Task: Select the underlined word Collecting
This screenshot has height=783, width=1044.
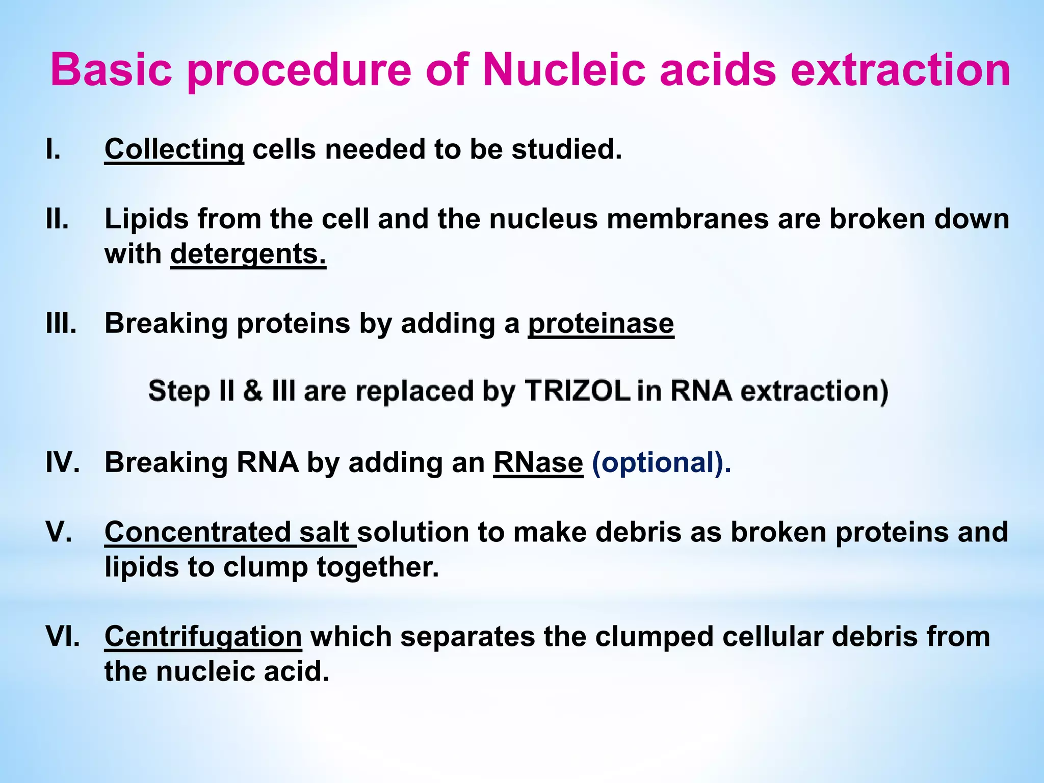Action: tap(174, 150)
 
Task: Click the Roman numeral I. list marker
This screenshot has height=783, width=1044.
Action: tap(53, 150)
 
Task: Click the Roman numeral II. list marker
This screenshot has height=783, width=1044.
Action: tap(57, 219)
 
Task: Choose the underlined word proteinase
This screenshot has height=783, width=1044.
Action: tap(601, 324)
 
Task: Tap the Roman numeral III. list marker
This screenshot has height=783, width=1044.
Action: tap(61, 324)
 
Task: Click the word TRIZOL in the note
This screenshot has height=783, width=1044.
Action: tap(577, 391)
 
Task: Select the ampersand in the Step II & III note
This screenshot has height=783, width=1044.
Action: tap(253, 391)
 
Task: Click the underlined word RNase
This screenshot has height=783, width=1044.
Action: tap(538, 463)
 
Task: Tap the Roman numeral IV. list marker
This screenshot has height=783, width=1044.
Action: tap(62, 463)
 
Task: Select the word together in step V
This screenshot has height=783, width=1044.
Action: tap(377, 567)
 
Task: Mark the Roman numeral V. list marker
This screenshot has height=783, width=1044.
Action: tap(58, 532)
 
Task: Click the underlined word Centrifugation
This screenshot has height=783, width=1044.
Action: tap(203, 637)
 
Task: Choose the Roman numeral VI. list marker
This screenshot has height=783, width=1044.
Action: tap(62, 637)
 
